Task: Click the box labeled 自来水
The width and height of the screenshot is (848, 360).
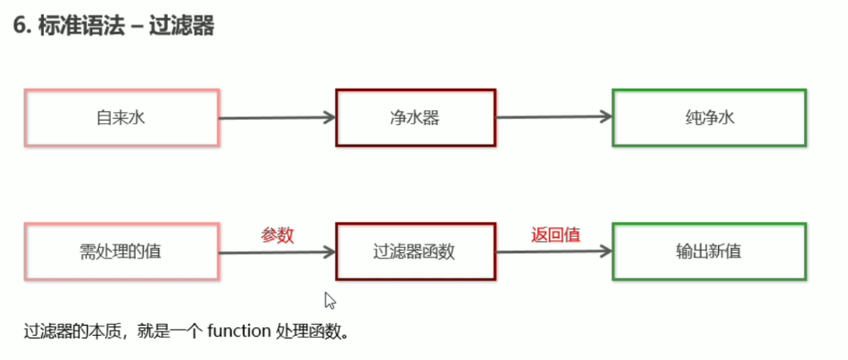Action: pos(121,117)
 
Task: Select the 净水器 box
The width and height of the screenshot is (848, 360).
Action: pos(415,117)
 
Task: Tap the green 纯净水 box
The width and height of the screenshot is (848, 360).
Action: pos(709,117)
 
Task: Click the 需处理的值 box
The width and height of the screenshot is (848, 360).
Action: pos(121,252)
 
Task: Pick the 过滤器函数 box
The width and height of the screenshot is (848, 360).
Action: pos(415,252)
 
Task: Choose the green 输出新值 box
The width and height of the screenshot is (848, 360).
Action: pos(709,252)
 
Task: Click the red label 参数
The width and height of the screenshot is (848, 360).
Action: pos(277,234)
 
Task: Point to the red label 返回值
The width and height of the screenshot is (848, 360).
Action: pos(554,234)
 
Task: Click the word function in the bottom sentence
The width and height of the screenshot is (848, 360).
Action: pos(239,331)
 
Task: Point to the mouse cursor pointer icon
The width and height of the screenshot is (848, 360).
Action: pos(329,300)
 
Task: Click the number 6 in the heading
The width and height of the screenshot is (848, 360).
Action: pos(19,27)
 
